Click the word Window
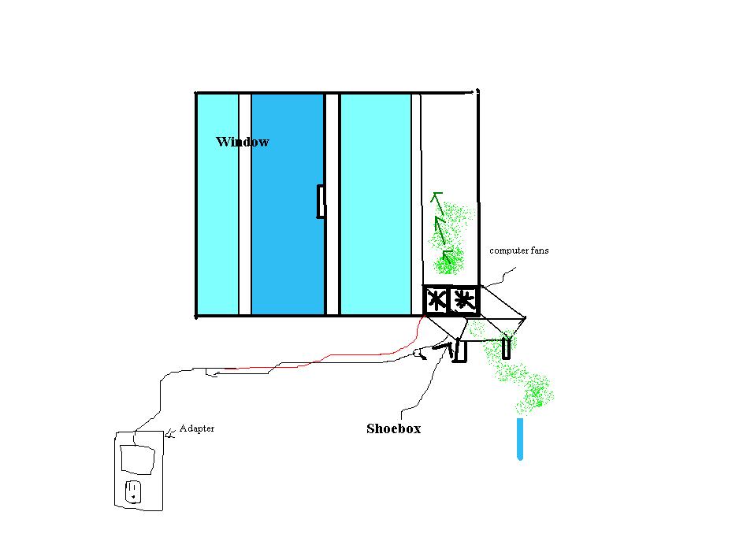243,142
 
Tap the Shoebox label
393,428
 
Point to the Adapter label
197,428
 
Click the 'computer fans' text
519,250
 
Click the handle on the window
321,201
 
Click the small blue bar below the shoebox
520,439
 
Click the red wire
315,362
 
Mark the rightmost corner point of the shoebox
524,318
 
